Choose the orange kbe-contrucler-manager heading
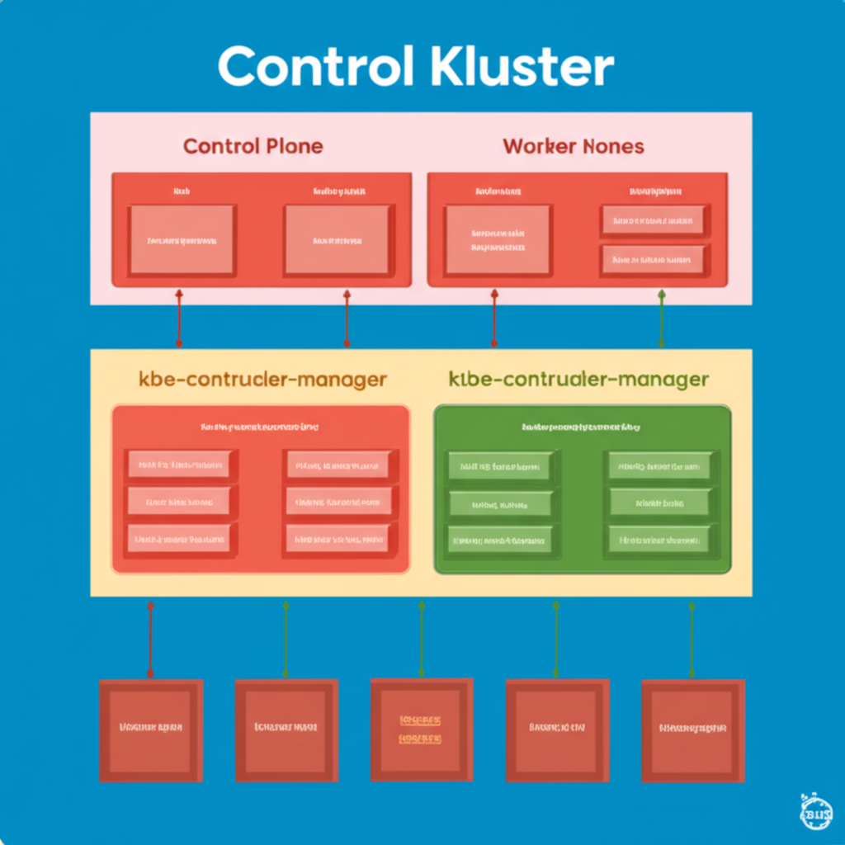(262, 380)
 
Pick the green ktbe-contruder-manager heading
(578, 380)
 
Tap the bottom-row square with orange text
(421, 729)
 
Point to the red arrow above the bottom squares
(149, 640)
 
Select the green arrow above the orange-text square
(421, 640)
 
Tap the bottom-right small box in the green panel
(659, 541)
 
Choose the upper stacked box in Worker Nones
(652, 220)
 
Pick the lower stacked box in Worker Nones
(652, 259)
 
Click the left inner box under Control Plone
(182, 241)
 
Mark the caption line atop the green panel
(582, 427)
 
